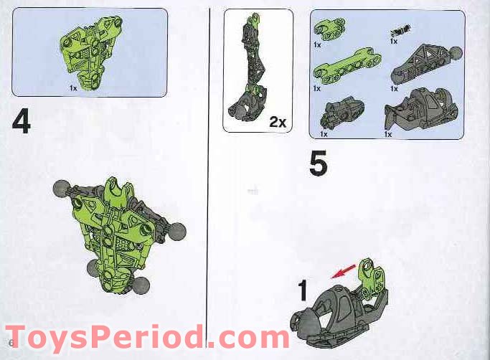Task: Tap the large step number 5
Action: [319, 164]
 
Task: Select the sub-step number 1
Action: [303, 290]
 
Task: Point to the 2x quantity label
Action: [277, 122]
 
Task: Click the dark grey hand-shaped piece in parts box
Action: [341, 113]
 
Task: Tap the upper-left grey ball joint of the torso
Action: [60, 189]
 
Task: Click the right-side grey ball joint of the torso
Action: [178, 231]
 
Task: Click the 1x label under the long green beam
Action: [317, 88]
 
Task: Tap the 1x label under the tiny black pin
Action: [394, 42]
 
